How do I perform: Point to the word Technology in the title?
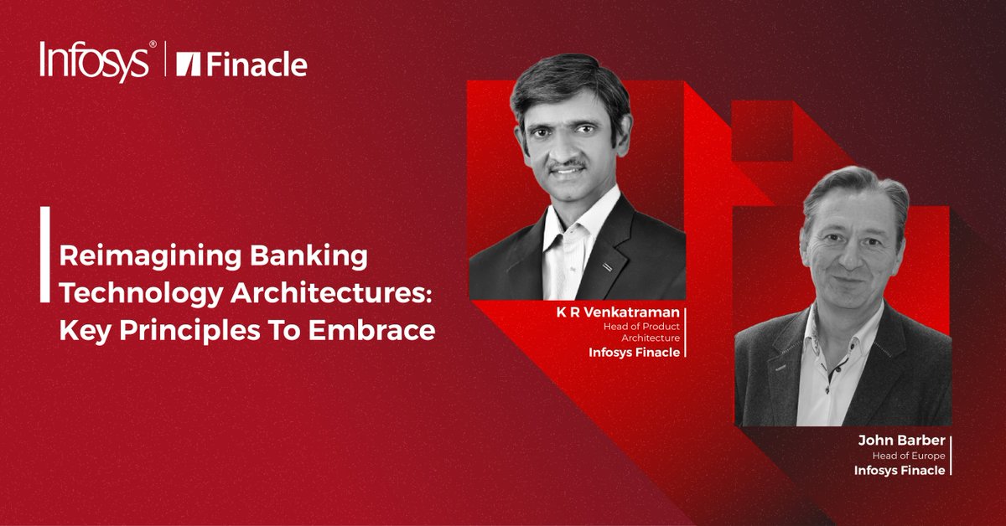point(127,294)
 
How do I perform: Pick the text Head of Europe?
point(910,456)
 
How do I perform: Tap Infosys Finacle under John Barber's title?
point(900,471)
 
